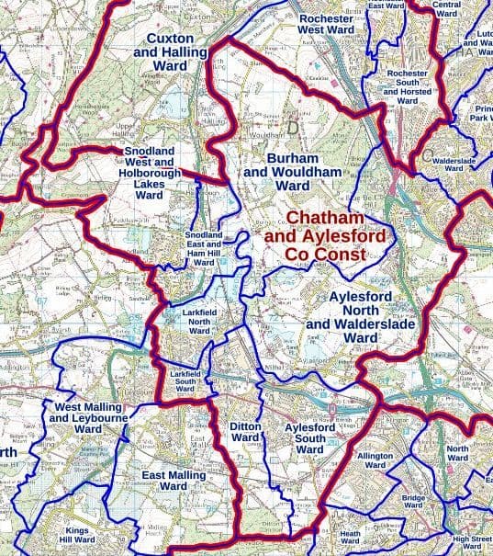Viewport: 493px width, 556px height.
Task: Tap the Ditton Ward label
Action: (245, 433)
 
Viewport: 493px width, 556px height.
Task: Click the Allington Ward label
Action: (375, 460)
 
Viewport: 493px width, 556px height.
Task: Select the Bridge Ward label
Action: (414, 501)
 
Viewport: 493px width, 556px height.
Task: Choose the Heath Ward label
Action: (350, 538)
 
